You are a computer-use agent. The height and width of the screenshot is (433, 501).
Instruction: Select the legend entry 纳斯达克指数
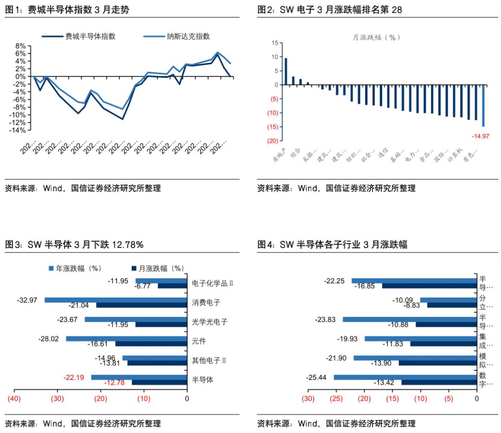point(188,36)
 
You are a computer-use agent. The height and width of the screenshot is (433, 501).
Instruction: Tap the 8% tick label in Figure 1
point(20,46)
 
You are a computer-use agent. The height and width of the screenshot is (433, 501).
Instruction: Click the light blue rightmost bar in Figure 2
point(483,106)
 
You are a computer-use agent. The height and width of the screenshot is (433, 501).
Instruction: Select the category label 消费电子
point(206,303)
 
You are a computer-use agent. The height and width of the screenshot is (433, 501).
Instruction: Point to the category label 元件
point(199,341)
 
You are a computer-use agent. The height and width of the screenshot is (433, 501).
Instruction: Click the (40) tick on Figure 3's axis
point(14,399)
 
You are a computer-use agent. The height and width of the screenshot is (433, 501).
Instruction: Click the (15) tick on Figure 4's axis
point(392,399)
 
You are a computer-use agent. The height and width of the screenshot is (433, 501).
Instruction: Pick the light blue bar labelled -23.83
point(411,319)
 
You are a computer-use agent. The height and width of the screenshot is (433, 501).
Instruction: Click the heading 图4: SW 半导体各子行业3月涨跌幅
point(332,245)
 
